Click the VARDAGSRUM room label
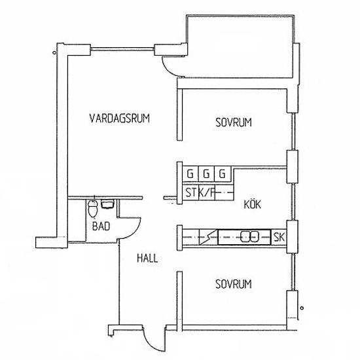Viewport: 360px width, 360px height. pos(119,118)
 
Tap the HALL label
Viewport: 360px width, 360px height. pos(147,259)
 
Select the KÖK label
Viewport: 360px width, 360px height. pos(252,204)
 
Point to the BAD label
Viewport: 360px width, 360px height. pos(101,226)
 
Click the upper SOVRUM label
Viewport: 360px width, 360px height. pos(234,122)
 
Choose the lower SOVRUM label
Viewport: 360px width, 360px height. pos(234,284)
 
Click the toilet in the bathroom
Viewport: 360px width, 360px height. pos(93,208)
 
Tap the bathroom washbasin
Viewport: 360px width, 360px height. pos(108,204)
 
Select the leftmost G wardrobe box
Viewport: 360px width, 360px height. pos(190,174)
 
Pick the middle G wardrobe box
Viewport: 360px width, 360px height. pos(206,174)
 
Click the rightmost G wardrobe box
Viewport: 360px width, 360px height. pos(223,174)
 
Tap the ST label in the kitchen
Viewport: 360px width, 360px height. pos(192,192)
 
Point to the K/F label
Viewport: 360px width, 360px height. pos(206,193)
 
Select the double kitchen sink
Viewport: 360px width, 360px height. pos(249,237)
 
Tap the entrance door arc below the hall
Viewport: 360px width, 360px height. pos(151,344)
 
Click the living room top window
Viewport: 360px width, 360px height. pos(122,49)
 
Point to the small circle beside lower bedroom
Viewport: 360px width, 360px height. pos(302,308)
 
